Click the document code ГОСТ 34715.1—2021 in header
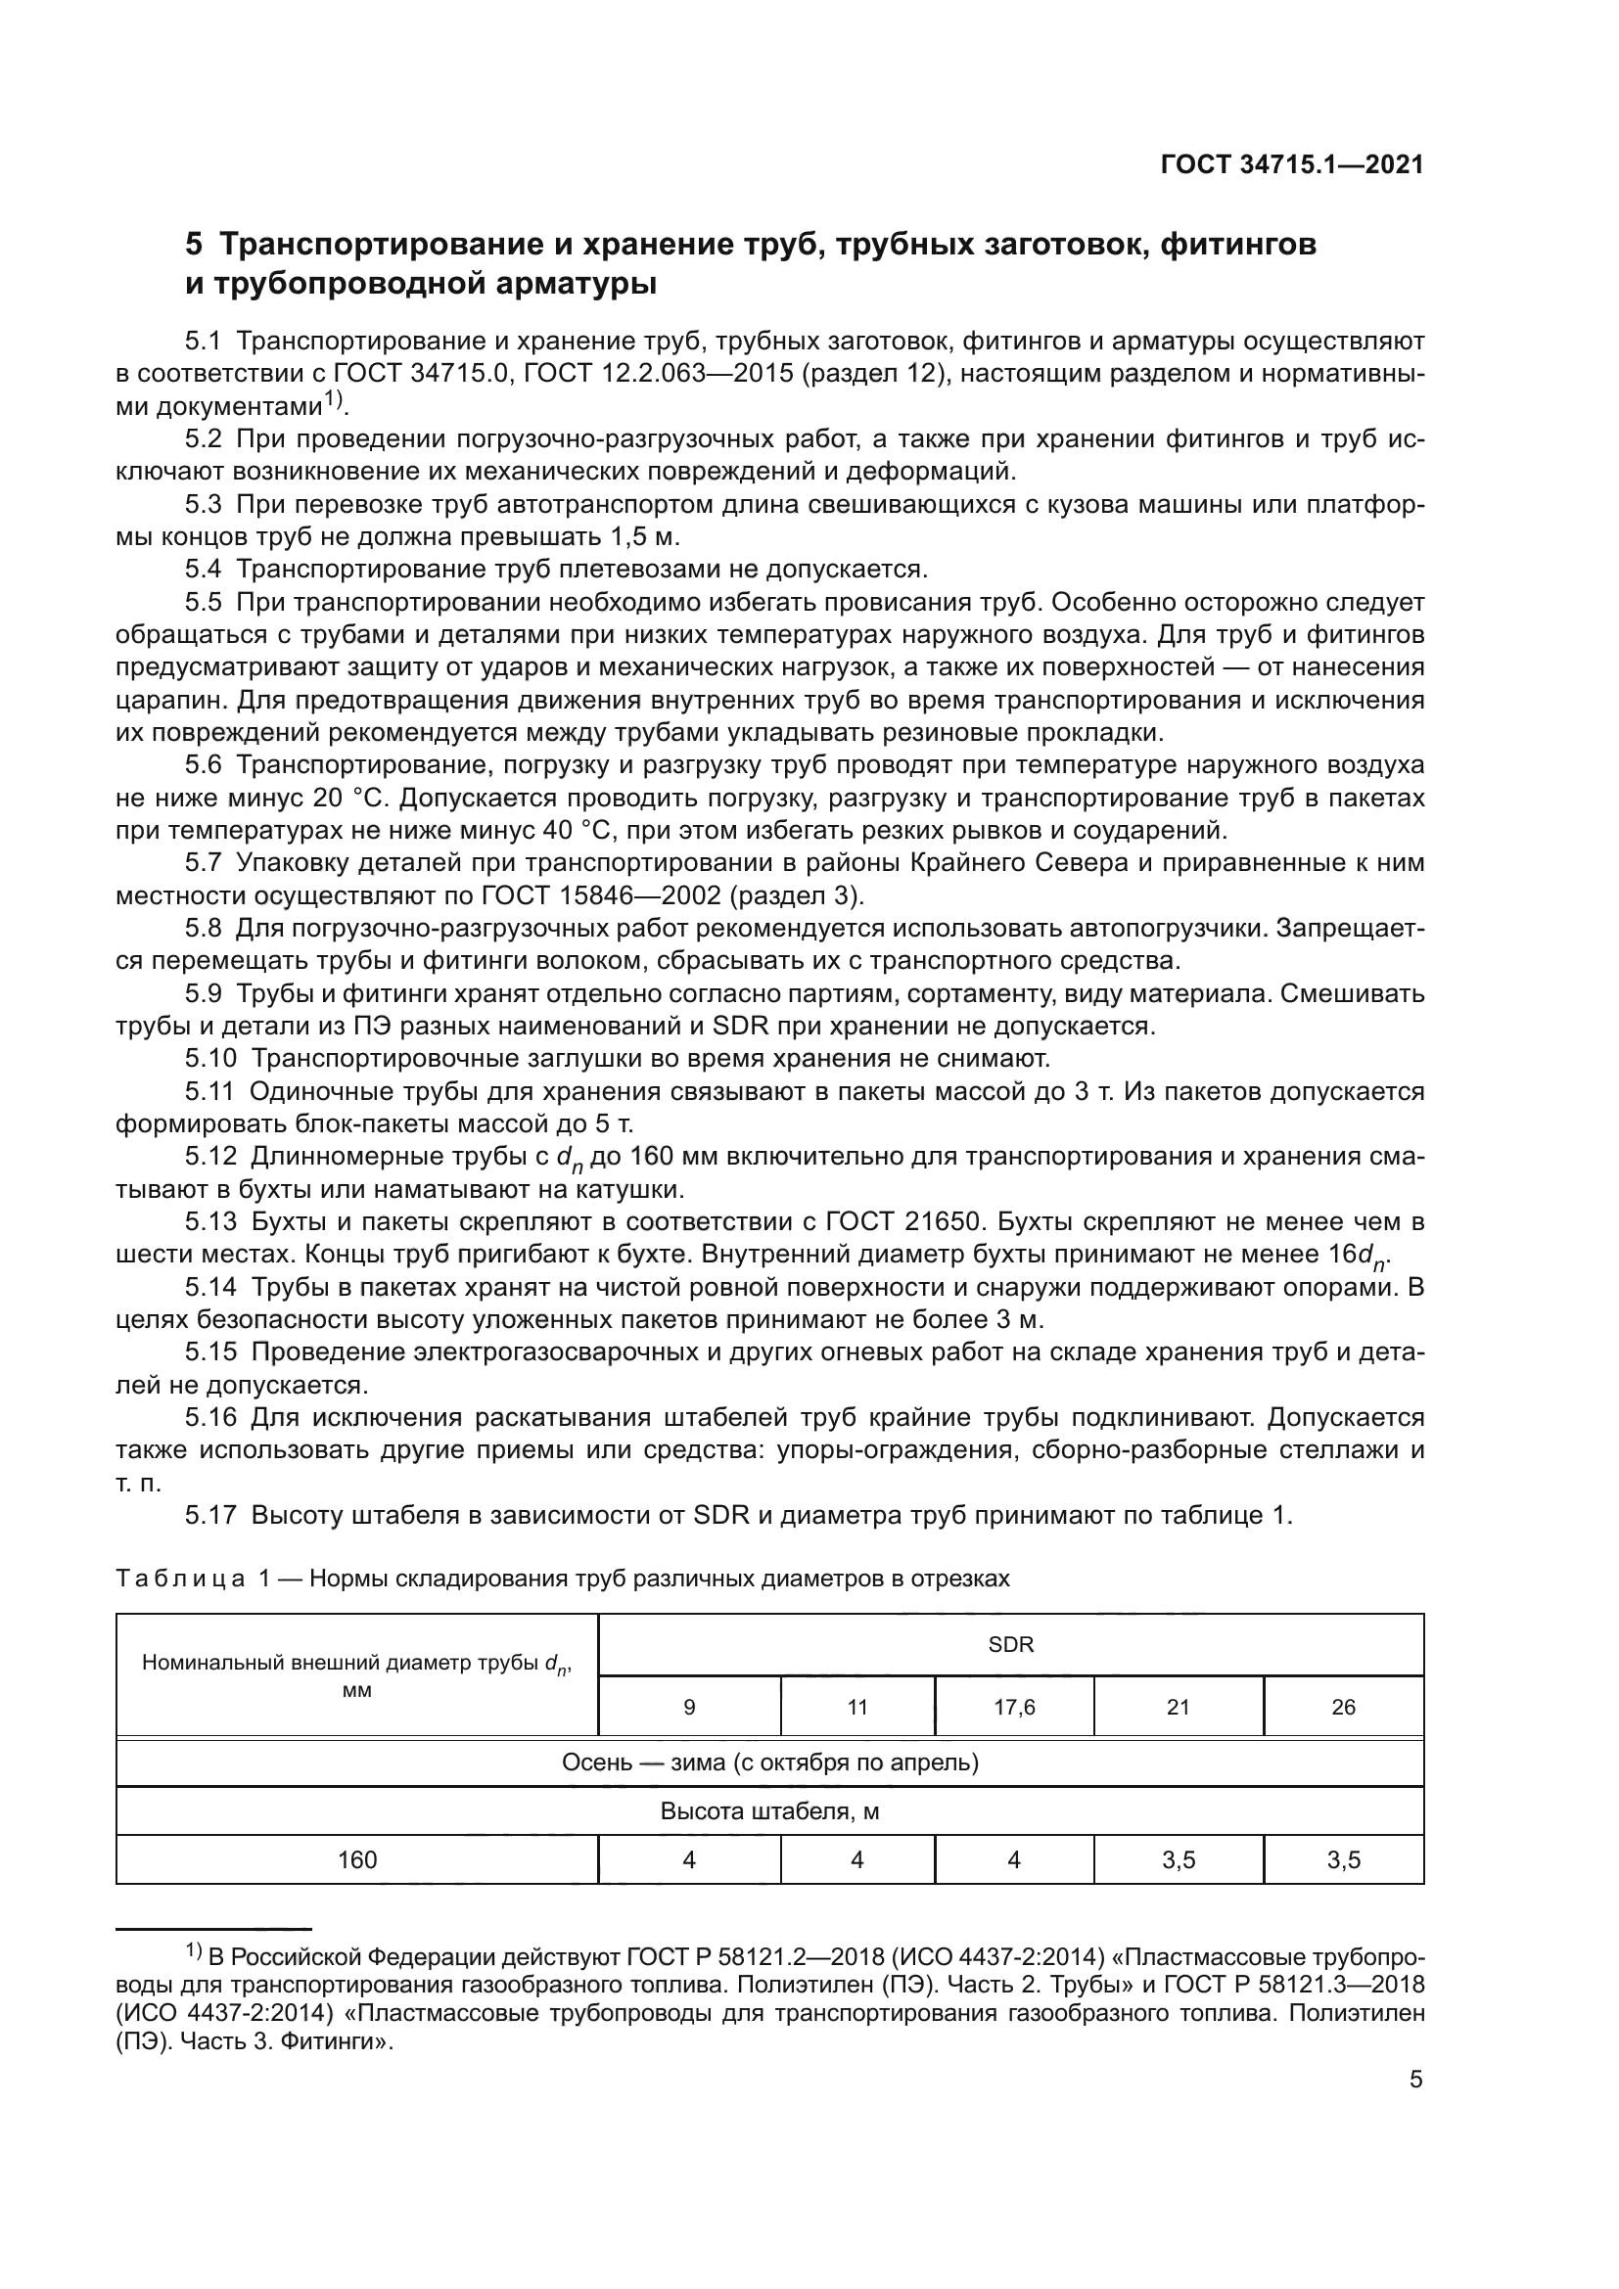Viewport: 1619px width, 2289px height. tap(1291, 164)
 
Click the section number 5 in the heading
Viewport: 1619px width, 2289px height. tap(195, 245)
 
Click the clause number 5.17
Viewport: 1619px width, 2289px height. tap(210, 1515)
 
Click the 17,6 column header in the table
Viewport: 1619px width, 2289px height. tap(1014, 1707)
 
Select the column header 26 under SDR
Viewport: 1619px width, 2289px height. tap(1343, 1707)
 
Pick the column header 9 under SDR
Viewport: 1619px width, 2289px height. tap(689, 1707)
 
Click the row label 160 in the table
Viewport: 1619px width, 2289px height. tap(357, 1859)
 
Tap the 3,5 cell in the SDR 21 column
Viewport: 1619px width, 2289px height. tap(1179, 1859)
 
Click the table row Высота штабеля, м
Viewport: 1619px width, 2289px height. tap(769, 1810)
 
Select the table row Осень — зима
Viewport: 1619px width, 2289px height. tap(769, 1762)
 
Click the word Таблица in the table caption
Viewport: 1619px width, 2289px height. tap(180, 1579)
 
